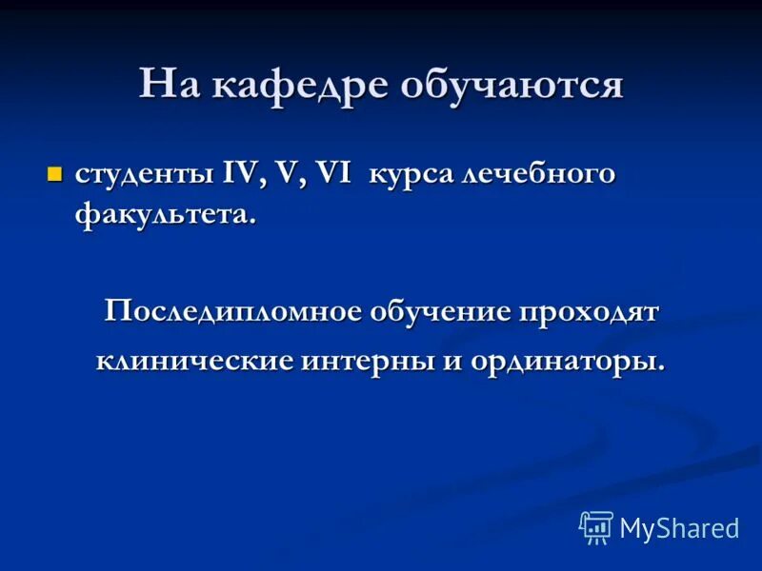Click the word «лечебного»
(x=537, y=176)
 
